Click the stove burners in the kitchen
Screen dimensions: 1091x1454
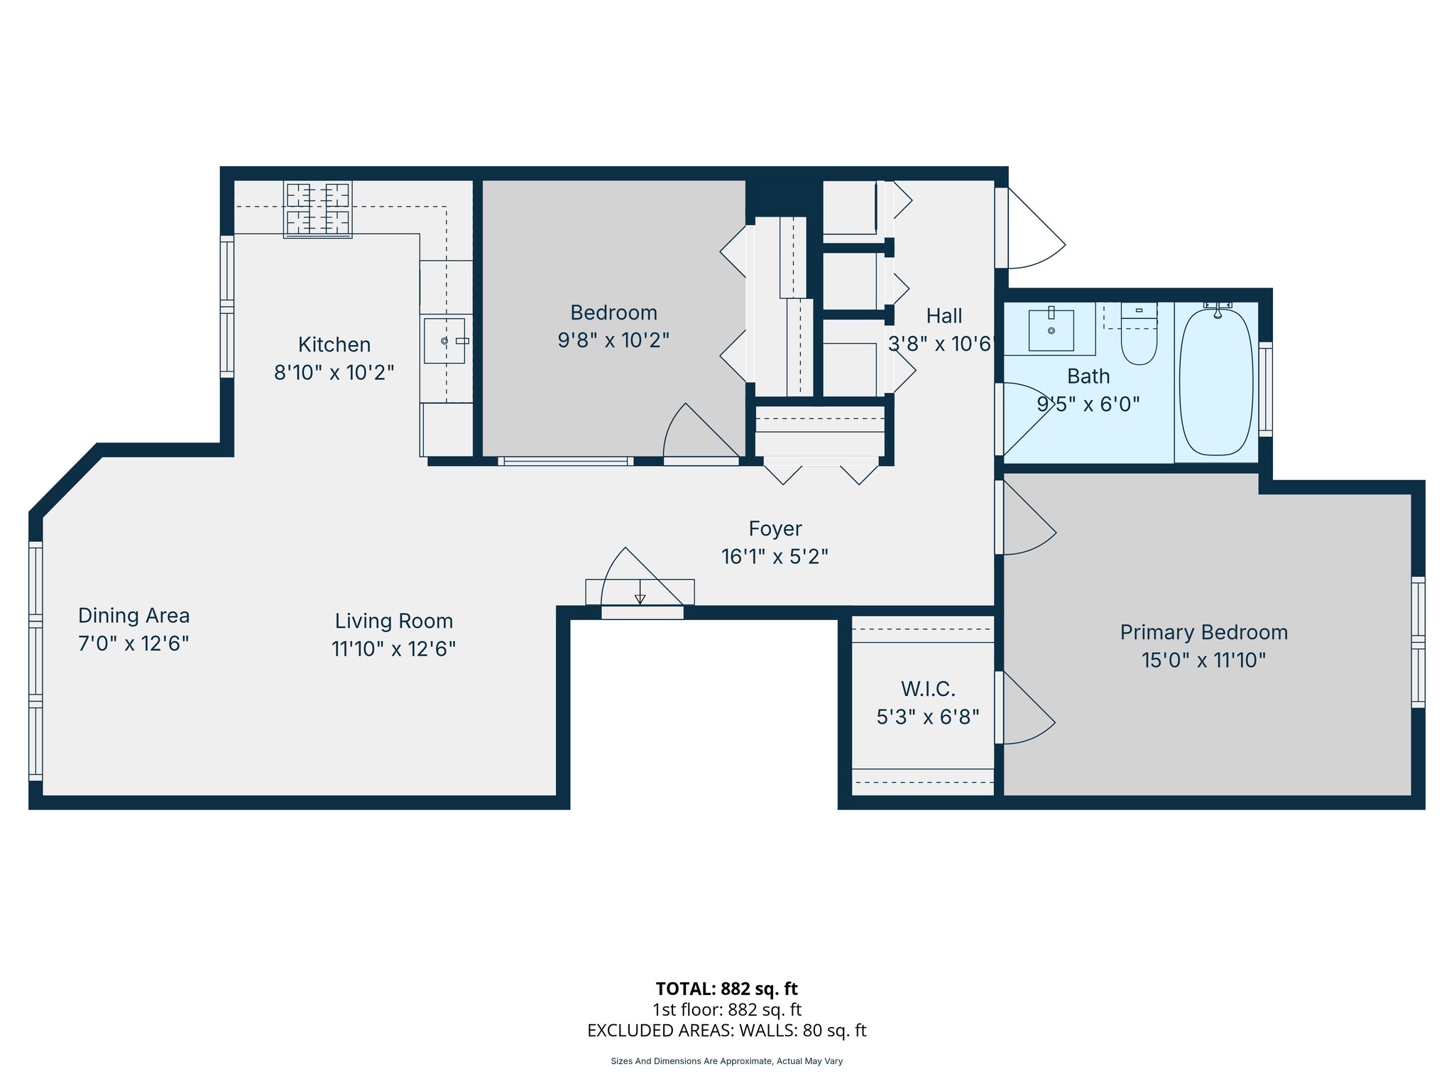(317, 209)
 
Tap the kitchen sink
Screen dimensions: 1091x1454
(444, 341)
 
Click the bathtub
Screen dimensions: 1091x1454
(1216, 382)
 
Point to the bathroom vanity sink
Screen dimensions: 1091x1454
(1051, 330)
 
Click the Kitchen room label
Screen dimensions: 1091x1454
(334, 344)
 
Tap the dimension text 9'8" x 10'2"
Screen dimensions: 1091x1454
(613, 340)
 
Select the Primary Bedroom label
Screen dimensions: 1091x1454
(1203, 632)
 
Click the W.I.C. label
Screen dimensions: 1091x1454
(928, 689)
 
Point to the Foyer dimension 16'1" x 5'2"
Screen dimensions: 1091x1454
(775, 556)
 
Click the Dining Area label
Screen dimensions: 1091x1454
(133, 615)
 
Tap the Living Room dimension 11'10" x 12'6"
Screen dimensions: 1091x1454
(393, 648)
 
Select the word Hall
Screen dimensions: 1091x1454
(944, 316)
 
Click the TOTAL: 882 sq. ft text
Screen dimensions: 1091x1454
(726, 989)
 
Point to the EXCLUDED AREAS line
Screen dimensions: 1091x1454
(726, 1031)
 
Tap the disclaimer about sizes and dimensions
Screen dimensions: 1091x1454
(726, 1061)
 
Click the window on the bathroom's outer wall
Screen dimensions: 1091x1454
(1265, 389)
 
